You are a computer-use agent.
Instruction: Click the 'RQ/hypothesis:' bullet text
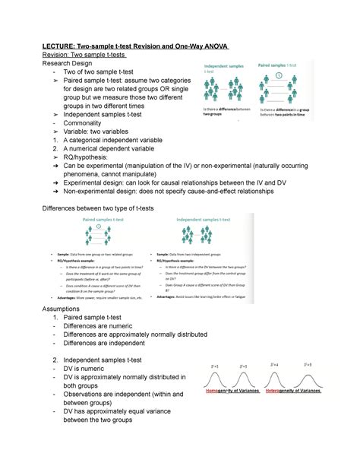pos(93,161)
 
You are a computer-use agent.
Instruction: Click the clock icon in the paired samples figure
pos(279,75)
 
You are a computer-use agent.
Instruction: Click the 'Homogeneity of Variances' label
pos(232,391)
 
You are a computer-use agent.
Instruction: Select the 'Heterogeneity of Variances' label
pos(293,391)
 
